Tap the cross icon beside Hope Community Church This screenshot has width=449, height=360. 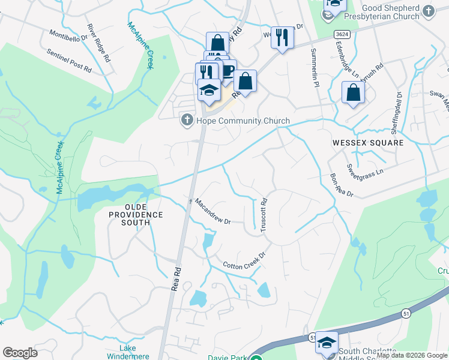click(187, 121)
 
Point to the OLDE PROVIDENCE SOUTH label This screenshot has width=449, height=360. click(136, 218)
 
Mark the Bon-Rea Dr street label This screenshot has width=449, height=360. click(341, 186)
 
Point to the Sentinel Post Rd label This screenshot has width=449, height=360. click(69, 61)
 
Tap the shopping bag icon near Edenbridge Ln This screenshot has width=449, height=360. click(353, 92)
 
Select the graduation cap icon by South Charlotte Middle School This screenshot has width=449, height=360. click(327, 342)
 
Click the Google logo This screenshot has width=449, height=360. click(20, 353)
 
